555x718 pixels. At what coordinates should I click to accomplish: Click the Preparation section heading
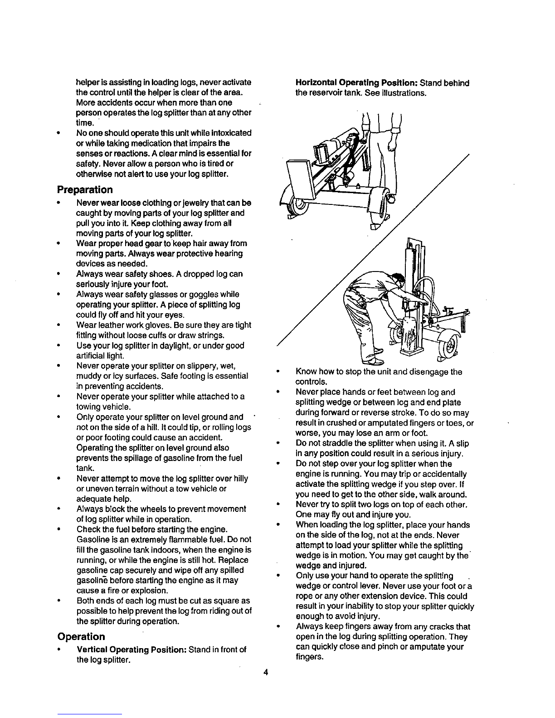point(85,189)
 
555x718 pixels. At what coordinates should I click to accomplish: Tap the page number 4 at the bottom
point(265,672)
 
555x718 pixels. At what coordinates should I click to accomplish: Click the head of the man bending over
point(398,281)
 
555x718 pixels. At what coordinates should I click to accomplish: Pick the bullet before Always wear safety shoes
point(58,274)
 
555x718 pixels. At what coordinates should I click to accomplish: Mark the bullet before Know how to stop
point(278,372)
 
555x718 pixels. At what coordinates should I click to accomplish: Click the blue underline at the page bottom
point(90,714)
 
